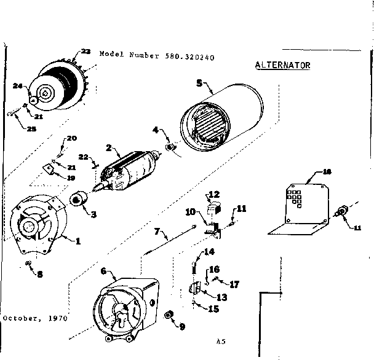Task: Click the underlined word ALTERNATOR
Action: point(282,65)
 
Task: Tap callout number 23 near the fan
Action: point(85,52)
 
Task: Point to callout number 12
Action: point(214,195)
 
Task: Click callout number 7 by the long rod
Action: point(157,232)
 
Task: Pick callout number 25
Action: point(31,128)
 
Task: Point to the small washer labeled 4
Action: point(171,147)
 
